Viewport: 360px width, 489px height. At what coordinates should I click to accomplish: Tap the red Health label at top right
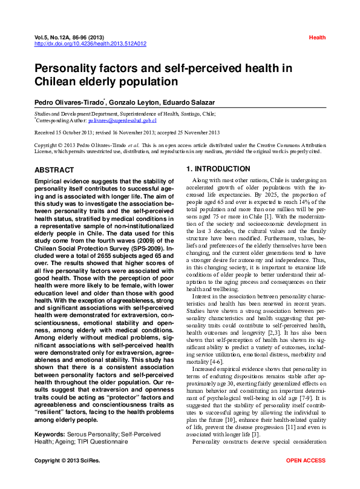point(317,38)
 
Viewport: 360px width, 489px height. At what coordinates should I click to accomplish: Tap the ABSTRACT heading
point(54,170)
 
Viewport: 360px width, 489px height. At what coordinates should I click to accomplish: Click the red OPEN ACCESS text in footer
point(306,478)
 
